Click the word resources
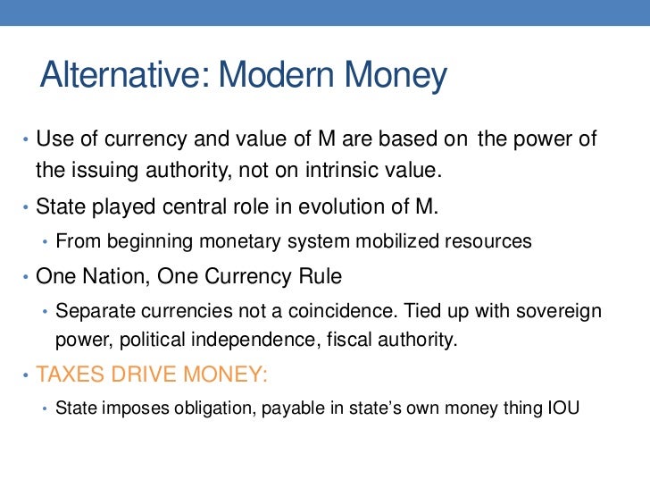click(x=481, y=241)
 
